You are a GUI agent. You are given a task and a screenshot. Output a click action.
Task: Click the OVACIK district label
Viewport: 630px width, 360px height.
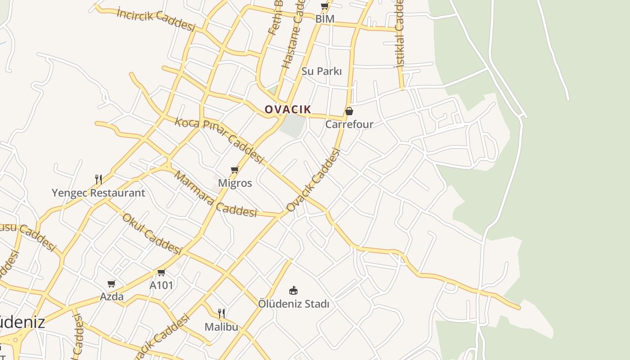pyautogui.click(x=288, y=109)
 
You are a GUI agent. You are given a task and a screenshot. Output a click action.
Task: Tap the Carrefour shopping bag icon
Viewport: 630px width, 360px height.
pyautogui.click(x=349, y=111)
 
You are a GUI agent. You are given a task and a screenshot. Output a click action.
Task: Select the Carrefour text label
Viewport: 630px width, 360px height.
pyautogui.click(x=349, y=124)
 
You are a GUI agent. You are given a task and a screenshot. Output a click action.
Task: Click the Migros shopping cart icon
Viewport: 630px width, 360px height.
pyautogui.click(x=234, y=170)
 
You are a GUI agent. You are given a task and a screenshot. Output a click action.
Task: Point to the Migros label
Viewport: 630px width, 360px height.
pyautogui.click(x=235, y=183)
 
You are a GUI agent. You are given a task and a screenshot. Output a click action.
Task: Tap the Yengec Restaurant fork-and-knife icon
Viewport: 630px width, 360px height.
pyautogui.click(x=99, y=180)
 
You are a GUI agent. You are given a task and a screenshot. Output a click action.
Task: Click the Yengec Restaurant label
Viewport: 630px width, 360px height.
pyautogui.click(x=98, y=193)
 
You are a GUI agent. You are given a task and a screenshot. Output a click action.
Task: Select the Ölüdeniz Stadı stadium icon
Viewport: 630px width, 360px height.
pyautogui.click(x=293, y=291)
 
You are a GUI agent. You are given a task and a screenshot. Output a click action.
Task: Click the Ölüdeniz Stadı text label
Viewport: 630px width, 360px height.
pyautogui.click(x=293, y=304)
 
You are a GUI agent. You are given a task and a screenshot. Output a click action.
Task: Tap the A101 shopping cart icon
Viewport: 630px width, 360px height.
pyautogui.click(x=161, y=272)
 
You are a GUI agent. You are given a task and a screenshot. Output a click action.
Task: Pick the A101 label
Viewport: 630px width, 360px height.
pyautogui.click(x=161, y=285)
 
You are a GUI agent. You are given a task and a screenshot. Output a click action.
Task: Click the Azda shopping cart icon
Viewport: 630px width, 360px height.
pyautogui.click(x=112, y=283)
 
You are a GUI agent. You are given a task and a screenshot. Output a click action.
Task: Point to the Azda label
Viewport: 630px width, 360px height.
pyautogui.click(x=112, y=297)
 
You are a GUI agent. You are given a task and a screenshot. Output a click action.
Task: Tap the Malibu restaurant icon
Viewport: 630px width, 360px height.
pyautogui.click(x=221, y=313)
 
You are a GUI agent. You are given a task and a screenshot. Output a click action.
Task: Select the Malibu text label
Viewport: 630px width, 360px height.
pyautogui.click(x=221, y=327)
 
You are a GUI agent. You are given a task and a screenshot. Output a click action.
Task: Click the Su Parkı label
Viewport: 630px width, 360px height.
pyautogui.click(x=321, y=71)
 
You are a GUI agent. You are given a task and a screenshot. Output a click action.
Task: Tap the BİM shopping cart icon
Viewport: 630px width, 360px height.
pyautogui.click(x=324, y=6)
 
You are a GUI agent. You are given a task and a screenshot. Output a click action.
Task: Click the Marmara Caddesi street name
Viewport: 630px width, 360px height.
pyautogui.click(x=215, y=194)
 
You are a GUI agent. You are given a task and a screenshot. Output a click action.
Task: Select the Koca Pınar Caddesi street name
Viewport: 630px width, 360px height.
pyautogui.click(x=219, y=140)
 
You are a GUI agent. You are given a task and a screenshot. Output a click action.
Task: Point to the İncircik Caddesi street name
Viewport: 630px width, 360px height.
pyautogui.click(x=156, y=19)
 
